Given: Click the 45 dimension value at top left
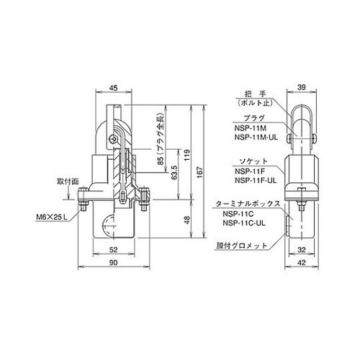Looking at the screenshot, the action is click(114, 88).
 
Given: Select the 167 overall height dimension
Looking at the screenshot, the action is click(200, 171).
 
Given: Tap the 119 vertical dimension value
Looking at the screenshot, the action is click(187, 156).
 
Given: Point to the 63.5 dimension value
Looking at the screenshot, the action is click(175, 173).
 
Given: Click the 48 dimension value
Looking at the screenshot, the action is click(187, 220).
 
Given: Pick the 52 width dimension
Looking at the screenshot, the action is click(114, 250).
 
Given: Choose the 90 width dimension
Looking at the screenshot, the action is click(114, 263).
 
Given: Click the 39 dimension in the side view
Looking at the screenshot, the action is click(302, 87).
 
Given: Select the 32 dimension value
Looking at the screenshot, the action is click(302, 250).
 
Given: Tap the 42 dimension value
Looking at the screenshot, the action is click(302, 263).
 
